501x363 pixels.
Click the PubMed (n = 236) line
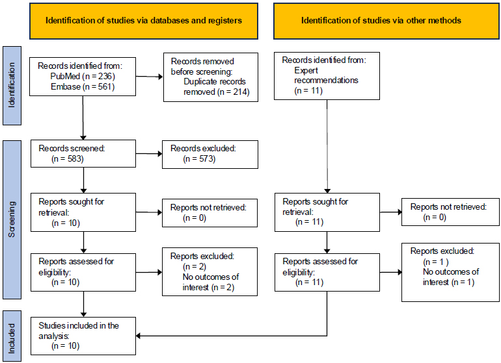click(83, 76)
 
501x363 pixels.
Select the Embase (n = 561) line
click(83, 87)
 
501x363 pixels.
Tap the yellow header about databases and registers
click(144, 21)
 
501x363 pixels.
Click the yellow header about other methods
click(386, 21)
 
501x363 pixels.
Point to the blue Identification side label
click(12, 86)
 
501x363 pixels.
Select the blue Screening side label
click(12, 219)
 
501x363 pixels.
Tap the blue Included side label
click(12, 336)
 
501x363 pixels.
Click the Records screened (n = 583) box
click(83, 153)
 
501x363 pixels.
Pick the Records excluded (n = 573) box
click(210, 155)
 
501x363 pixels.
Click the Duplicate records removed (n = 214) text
click(216, 87)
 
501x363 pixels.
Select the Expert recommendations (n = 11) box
click(327, 76)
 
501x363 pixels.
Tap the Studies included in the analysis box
click(83, 336)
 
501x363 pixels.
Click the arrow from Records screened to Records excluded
click(149, 154)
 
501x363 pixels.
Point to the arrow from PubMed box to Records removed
click(149, 77)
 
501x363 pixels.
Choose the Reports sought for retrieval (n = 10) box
click(83, 212)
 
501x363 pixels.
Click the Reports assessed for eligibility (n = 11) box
click(327, 272)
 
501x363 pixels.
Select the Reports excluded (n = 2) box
click(210, 272)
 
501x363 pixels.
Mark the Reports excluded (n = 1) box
click(450, 272)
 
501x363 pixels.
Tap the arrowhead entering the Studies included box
click(138, 336)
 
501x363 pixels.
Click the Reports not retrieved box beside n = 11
click(450, 212)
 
